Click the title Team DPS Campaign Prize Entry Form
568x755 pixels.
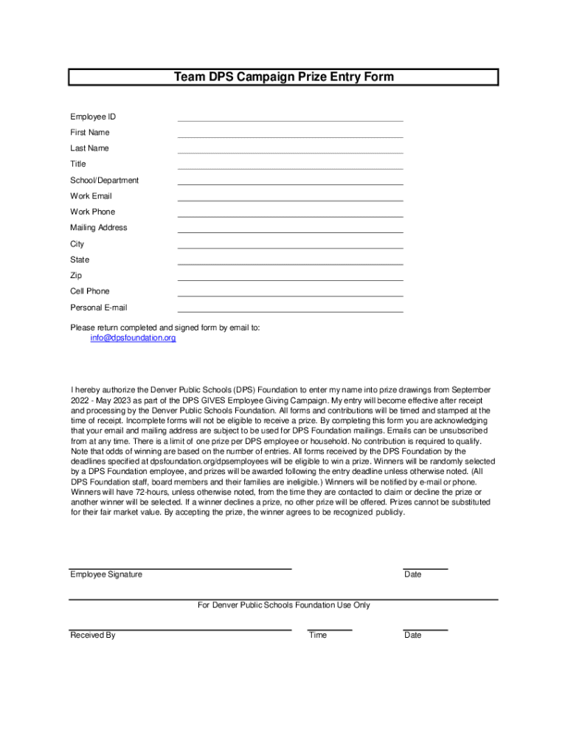tap(284, 77)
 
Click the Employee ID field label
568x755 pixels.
tap(93, 116)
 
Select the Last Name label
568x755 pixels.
tap(89, 148)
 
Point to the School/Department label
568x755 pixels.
tap(104, 180)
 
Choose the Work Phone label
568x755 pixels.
tap(92, 212)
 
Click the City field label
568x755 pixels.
tap(77, 243)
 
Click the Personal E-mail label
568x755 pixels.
tap(98, 307)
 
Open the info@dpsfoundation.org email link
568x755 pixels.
tap(133, 338)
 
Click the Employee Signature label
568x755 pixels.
tap(106, 574)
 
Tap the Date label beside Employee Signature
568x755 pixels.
tap(412, 574)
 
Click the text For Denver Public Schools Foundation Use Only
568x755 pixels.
tap(284, 605)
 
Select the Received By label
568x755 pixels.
tap(92, 635)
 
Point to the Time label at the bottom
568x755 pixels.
tap(318, 635)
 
